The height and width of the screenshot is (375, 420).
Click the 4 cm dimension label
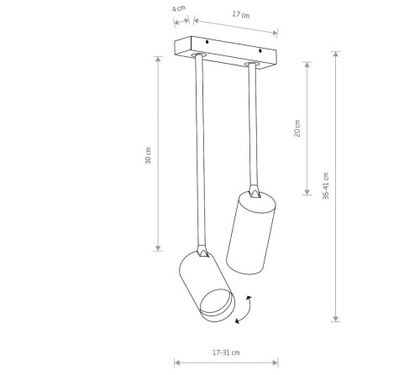point(179,8)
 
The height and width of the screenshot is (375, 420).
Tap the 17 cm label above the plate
point(241,14)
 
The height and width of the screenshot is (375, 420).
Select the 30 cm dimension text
point(148,155)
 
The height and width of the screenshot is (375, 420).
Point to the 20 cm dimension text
point(297,128)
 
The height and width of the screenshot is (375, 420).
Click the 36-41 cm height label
point(326,186)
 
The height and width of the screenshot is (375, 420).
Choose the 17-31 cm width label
point(226,352)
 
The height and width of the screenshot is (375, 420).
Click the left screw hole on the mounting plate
point(207,42)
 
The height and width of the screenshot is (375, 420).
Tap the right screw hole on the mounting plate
point(260,51)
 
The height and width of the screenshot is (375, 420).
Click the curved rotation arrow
point(244,310)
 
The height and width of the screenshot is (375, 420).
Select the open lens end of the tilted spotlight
point(218,305)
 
